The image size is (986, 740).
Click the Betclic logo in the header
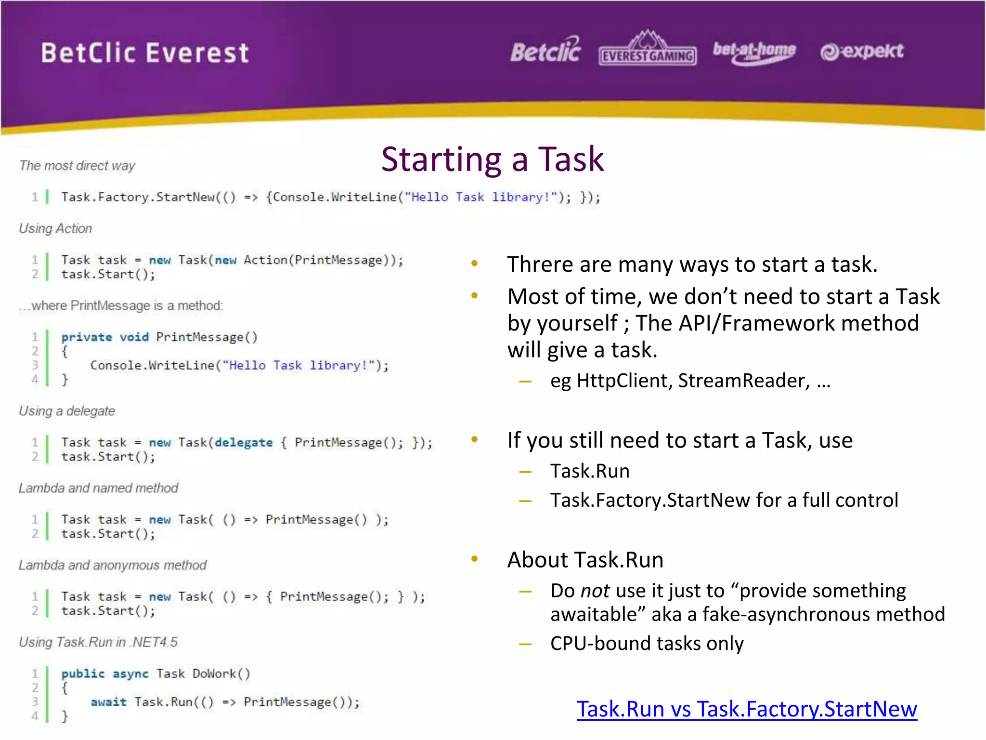click(545, 51)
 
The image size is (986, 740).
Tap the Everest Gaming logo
click(648, 50)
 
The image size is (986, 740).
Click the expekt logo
click(862, 52)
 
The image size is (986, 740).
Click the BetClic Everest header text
click(145, 53)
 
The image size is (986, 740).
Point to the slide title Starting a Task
click(492, 159)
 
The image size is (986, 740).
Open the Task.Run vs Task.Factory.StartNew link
click(747, 709)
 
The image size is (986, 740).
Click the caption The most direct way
click(77, 166)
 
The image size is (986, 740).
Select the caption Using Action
click(55, 228)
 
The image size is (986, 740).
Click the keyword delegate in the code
click(244, 443)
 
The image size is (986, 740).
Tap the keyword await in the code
click(108, 702)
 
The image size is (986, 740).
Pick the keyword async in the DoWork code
click(130, 674)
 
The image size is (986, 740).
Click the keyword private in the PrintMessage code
click(87, 337)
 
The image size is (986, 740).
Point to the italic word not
click(595, 591)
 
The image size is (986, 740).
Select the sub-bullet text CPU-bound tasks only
click(647, 644)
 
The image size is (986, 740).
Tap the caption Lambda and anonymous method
click(113, 565)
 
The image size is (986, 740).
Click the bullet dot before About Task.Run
click(474, 559)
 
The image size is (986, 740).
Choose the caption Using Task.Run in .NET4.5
click(98, 642)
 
